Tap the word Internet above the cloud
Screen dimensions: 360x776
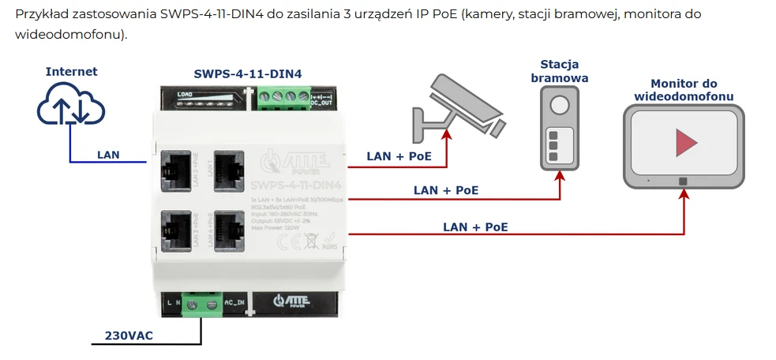[71, 72]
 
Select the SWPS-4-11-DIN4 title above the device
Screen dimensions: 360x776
[248, 74]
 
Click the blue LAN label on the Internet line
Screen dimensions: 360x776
[108, 155]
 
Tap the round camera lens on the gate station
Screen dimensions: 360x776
[560, 106]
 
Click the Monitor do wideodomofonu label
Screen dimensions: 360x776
[684, 90]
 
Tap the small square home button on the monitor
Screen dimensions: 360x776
[684, 181]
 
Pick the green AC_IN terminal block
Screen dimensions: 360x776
[201, 303]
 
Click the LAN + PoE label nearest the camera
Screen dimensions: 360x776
[399, 156]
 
